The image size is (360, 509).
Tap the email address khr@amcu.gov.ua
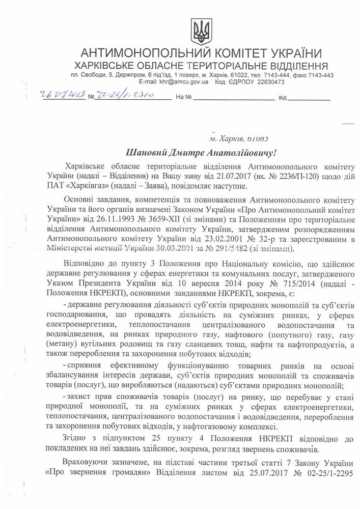click(x=184, y=81)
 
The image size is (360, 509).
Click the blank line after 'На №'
click(x=232, y=97)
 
